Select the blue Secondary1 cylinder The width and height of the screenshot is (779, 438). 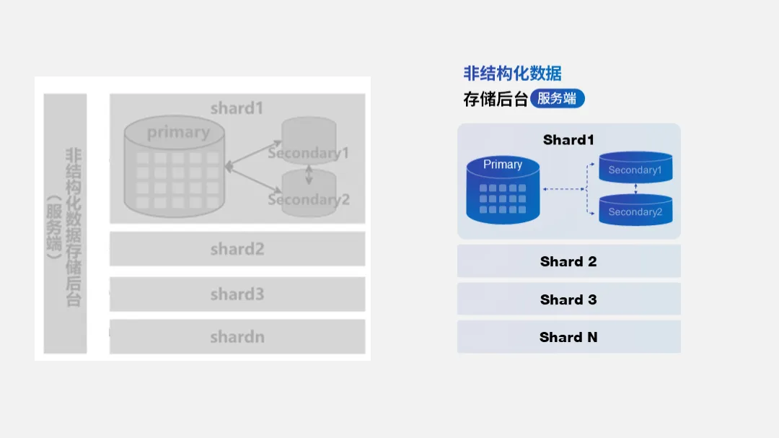click(635, 168)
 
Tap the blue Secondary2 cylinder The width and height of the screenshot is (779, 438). click(635, 210)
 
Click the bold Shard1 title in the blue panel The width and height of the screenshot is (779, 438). click(568, 140)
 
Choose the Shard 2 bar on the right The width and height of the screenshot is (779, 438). click(568, 261)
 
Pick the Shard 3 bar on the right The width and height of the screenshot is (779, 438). click(568, 299)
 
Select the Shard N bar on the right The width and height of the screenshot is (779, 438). click(568, 337)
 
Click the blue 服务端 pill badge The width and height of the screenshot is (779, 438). click(557, 99)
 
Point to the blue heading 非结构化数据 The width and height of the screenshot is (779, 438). click(512, 73)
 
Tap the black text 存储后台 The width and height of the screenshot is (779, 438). click(496, 99)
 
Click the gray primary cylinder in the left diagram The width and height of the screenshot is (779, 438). click(174, 170)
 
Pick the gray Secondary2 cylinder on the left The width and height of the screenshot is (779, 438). click(309, 193)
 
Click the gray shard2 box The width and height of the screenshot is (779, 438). click(237, 249)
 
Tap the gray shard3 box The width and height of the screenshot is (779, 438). click(237, 294)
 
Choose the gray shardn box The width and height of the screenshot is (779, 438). click(237, 337)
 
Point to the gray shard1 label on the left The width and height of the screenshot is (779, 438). click(237, 108)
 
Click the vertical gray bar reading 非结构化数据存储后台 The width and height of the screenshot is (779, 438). click(66, 224)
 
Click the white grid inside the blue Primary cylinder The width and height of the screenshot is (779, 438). click(503, 198)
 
